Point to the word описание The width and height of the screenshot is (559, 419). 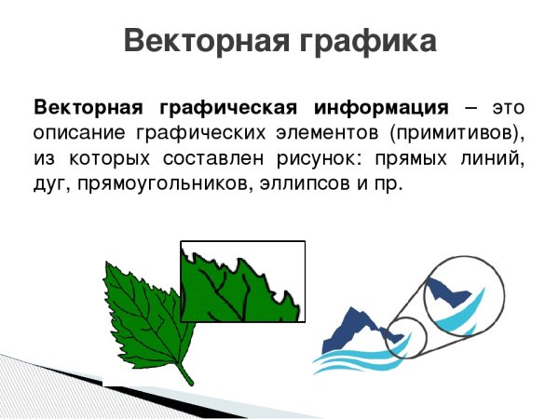(74, 130)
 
